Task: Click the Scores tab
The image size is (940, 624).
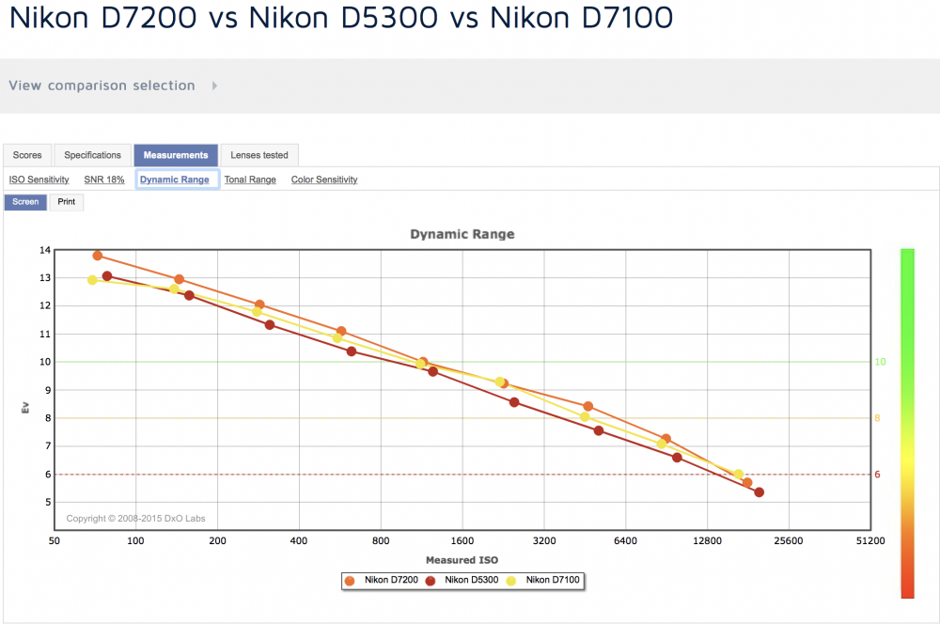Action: pos(27,155)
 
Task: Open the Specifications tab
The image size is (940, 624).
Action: pos(92,155)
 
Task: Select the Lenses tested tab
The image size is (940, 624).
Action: pos(259,155)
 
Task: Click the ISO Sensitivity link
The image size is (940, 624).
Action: pos(39,179)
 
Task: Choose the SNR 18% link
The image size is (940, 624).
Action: pos(104,179)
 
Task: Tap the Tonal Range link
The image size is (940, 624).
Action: pos(250,179)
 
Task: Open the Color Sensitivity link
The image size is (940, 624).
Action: pos(324,179)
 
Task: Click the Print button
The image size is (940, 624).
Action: pos(67,202)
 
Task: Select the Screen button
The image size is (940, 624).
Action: pos(25,202)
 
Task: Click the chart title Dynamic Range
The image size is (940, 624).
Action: pos(462,234)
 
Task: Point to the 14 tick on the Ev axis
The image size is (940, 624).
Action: pos(45,250)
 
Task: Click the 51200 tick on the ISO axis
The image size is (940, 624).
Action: pos(869,540)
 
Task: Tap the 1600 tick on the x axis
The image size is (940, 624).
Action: pos(462,540)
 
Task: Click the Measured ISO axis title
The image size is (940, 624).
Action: pos(462,560)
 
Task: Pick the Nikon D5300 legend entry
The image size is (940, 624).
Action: pos(462,580)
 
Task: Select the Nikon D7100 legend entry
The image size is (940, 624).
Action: pos(543,580)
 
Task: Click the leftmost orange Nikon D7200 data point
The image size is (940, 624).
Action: pos(98,256)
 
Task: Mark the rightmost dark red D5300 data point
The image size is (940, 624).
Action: pos(759,492)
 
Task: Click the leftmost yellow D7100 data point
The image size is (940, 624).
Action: pos(92,280)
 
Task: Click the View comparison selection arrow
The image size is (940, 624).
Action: pos(214,86)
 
